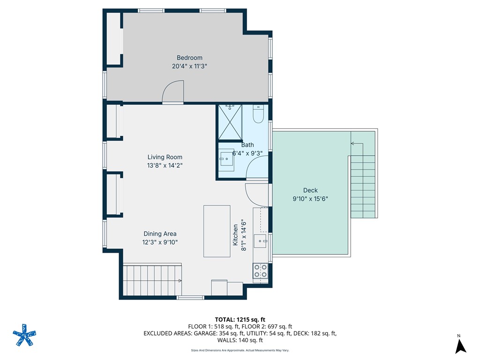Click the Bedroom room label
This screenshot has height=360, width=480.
pyautogui.click(x=189, y=58)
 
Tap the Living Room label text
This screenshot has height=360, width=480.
pyautogui.click(x=165, y=157)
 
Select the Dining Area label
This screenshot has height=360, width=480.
pyautogui.click(x=160, y=234)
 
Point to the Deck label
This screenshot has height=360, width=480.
pyautogui.click(x=310, y=190)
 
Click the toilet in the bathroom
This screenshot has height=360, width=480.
pyautogui.click(x=258, y=113)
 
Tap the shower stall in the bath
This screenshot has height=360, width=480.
pyautogui.click(x=230, y=122)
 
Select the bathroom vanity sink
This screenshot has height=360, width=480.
pyautogui.click(x=226, y=159)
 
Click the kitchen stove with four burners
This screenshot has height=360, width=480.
pyautogui.click(x=260, y=271)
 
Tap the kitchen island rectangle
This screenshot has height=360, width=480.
pyautogui.click(x=217, y=231)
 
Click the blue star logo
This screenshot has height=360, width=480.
pyautogui.click(x=24, y=335)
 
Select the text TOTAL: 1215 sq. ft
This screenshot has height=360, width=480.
pyautogui.click(x=240, y=320)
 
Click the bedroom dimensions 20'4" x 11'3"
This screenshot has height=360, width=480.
pyautogui.click(x=189, y=66)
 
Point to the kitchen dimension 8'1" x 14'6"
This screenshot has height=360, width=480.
pyautogui.click(x=244, y=235)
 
